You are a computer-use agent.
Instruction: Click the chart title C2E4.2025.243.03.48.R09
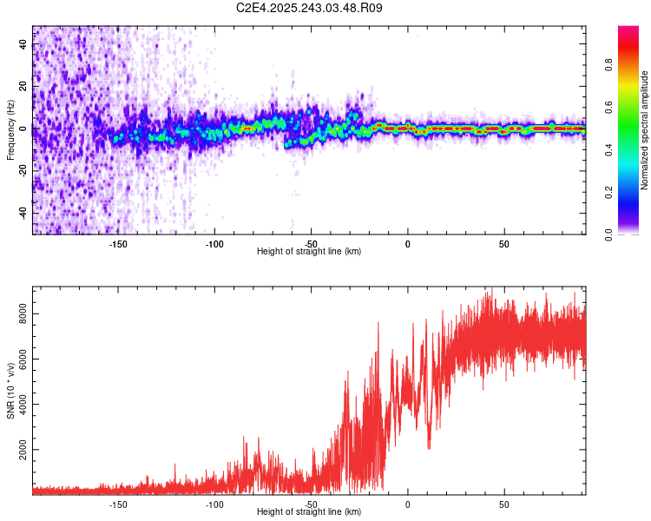310,8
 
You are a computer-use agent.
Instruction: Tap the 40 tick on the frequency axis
23,44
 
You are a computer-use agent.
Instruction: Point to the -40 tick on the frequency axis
23,212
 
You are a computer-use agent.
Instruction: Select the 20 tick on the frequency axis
23,87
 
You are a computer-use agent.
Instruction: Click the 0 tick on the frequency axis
23,129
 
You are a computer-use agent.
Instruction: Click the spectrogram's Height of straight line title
309,252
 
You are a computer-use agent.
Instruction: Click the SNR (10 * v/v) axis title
10,388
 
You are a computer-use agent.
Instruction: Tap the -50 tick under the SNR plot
311,504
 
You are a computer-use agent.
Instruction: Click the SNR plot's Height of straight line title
309,512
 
